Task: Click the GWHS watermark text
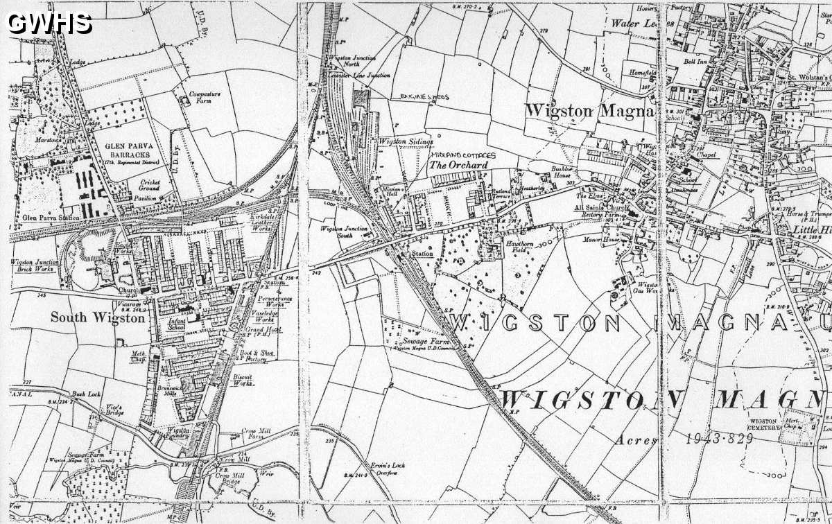coord(49,23)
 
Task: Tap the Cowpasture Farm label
coord(200,96)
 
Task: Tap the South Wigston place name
coord(98,318)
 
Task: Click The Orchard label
coord(458,166)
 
